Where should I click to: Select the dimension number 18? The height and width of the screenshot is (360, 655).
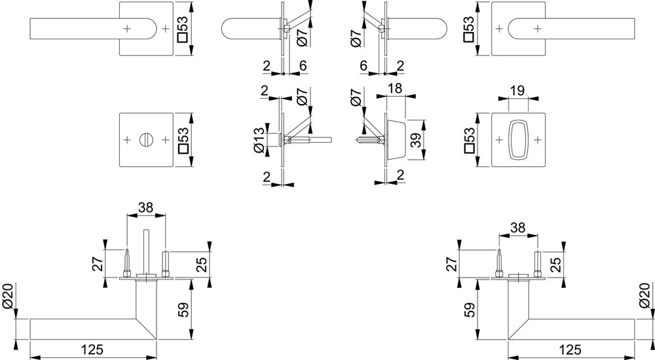coord(395,88)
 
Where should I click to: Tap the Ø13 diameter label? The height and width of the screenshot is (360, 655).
coord(259,139)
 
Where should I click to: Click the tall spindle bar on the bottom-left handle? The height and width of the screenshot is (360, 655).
coord(145,251)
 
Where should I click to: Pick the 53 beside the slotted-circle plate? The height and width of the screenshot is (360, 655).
coord(185,139)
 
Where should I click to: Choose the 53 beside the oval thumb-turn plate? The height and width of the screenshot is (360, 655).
coord(469,139)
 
